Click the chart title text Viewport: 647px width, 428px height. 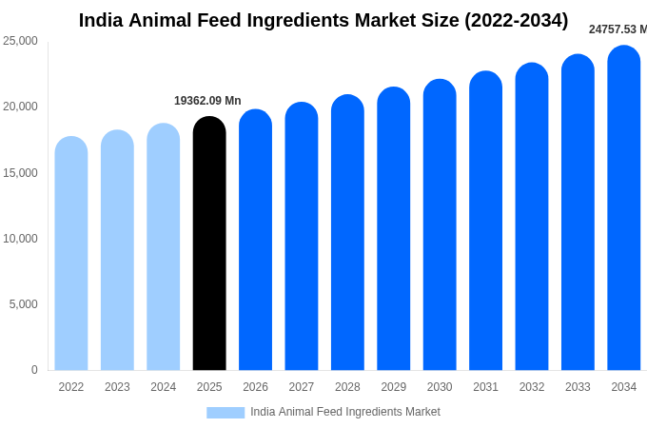coord(323,20)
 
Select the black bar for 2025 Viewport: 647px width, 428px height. coord(209,243)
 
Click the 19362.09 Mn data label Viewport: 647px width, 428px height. coord(207,101)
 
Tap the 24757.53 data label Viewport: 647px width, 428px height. coord(618,29)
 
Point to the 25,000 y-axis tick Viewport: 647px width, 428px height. coord(21,41)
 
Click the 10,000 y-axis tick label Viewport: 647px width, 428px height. coord(21,239)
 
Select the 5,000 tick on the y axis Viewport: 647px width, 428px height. coord(24,304)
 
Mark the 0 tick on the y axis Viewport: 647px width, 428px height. coord(34,370)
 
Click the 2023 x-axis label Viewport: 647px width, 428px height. coord(117,387)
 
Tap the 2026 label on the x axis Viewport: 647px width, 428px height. coord(255,387)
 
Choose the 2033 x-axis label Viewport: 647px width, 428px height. coord(578,387)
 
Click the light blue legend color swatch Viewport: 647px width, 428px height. coord(225,413)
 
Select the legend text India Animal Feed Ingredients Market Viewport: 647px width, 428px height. coord(345,412)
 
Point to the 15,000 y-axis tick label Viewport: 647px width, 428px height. coord(21,173)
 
